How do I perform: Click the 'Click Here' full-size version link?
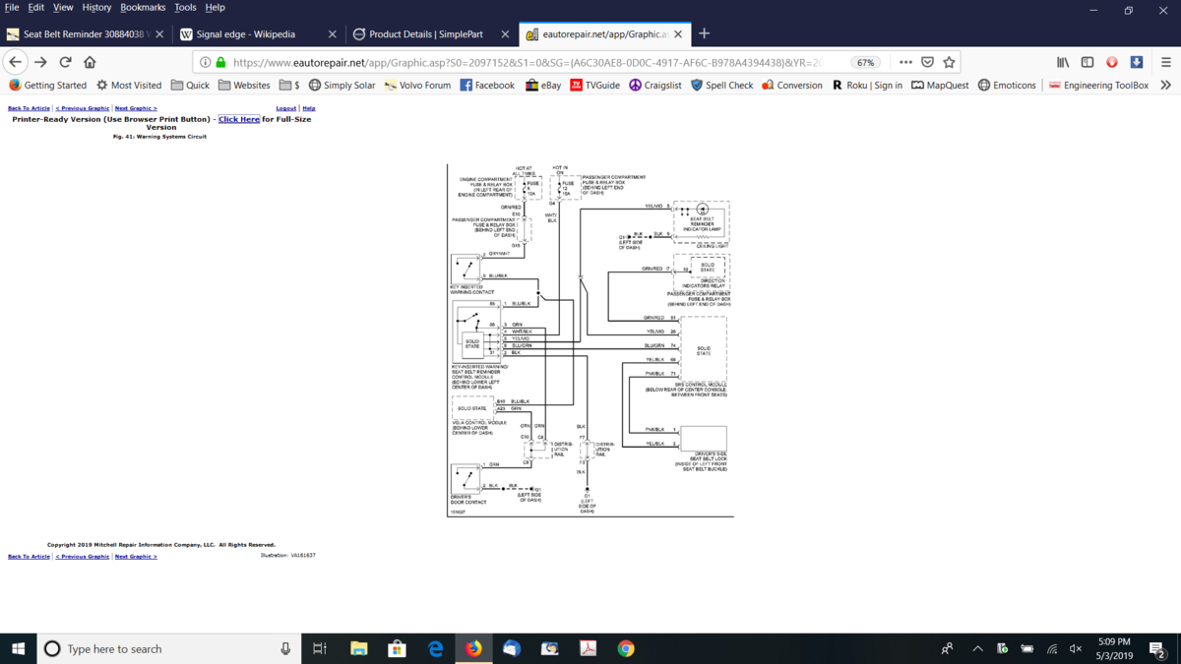coord(239,119)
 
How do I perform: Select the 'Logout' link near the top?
coord(286,108)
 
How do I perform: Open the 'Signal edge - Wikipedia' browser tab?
coord(245,34)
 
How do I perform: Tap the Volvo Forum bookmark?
coord(417,86)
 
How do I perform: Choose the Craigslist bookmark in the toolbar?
coord(655,86)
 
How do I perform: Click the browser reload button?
coord(65,62)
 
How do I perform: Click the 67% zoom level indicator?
coord(865,62)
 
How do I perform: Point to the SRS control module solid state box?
coord(703,348)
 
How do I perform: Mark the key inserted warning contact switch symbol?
coord(466,268)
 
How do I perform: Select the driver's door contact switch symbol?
coord(466,478)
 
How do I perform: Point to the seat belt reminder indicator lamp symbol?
coord(702,210)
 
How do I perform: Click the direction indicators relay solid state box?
coord(707,266)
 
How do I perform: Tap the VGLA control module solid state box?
coord(471,407)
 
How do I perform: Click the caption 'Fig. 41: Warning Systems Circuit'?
coord(160,137)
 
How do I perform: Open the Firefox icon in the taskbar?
coord(473,648)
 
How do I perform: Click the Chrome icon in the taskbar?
coord(626,648)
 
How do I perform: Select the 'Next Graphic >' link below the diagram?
coord(136,557)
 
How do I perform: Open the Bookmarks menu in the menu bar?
coord(143,7)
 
